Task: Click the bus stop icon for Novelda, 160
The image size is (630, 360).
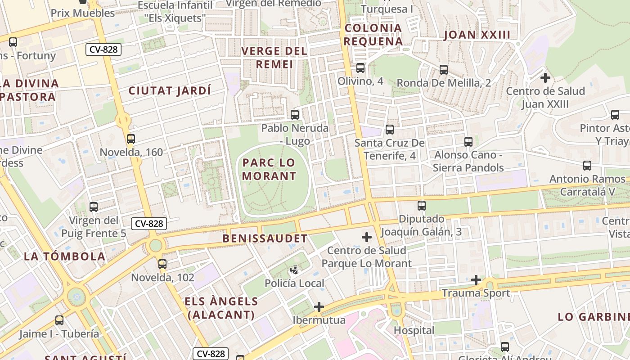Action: point(131,139)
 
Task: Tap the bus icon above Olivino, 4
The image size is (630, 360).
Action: point(360,68)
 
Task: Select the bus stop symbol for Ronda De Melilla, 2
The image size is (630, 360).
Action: point(444,70)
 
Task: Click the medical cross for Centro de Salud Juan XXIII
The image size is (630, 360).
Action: point(545,78)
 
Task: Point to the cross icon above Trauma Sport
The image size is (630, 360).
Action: point(476,280)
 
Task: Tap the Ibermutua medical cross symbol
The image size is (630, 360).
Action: point(319,307)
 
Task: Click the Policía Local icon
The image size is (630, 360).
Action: point(294,270)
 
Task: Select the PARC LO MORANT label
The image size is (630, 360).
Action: point(269,169)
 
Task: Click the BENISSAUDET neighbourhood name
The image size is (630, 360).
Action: point(265,238)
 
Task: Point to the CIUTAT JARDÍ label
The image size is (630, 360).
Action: point(170,90)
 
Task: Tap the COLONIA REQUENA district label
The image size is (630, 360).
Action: point(373,35)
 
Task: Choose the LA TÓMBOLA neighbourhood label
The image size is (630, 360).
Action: point(65,256)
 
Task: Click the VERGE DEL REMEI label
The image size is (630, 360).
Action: point(274,58)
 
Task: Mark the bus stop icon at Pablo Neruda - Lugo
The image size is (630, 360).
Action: point(295,115)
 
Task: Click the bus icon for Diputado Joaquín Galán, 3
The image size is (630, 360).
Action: point(422,206)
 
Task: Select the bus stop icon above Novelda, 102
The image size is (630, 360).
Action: point(162,264)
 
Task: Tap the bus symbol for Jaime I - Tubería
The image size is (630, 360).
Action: point(59,320)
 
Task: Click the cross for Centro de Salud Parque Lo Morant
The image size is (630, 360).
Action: point(367,237)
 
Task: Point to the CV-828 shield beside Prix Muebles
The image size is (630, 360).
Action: point(104,49)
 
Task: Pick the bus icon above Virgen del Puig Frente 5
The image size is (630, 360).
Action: point(94,207)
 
